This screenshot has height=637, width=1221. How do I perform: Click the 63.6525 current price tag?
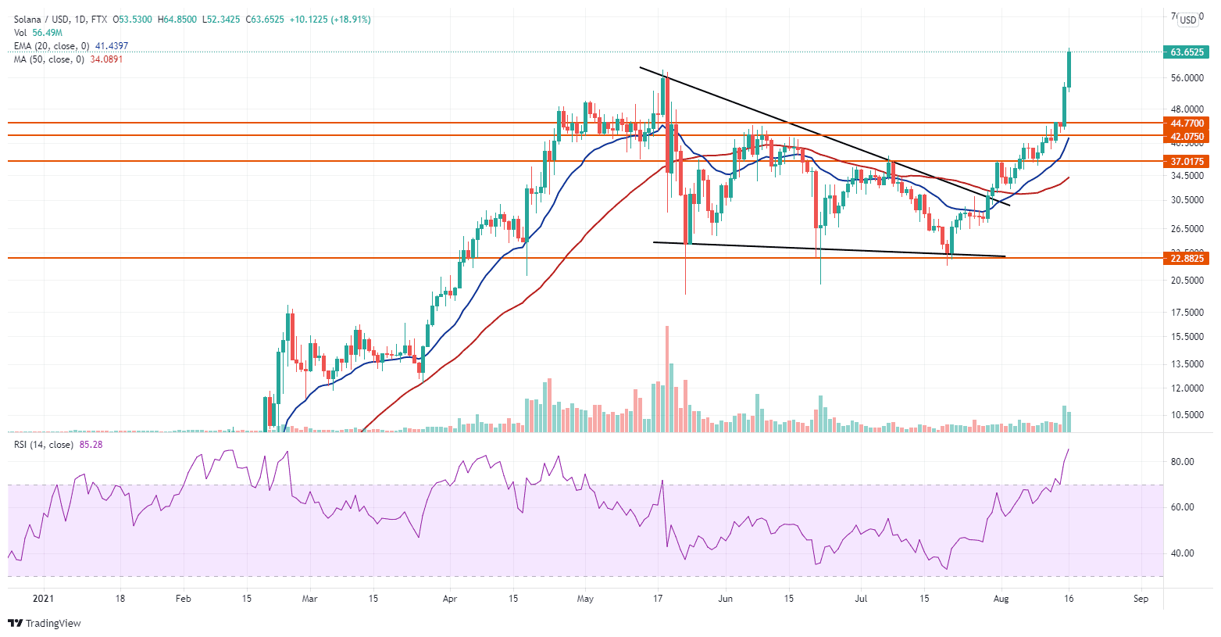[x=1187, y=52]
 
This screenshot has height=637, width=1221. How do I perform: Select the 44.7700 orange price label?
[x=1187, y=123]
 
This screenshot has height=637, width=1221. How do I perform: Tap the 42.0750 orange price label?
[x=1187, y=136]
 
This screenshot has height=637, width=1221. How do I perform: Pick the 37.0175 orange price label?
[x=1187, y=162]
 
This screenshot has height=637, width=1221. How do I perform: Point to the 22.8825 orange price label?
[x=1187, y=258]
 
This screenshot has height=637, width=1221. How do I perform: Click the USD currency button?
[x=1188, y=20]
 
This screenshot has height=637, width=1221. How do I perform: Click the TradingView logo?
[x=45, y=623]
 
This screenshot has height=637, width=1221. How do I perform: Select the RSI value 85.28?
[x=91, y=445]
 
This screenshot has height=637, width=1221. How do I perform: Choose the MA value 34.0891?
[x=107, y=59]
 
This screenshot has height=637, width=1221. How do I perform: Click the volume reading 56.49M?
[x=48, y=33]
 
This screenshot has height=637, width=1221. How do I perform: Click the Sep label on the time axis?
[x=1141, y=599]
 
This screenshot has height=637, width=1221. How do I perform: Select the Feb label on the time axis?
[x=183, y=599]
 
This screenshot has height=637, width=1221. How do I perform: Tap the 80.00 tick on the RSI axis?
[x=1182, y=462]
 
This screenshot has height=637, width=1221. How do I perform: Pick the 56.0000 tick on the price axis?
[x=1187, y=78]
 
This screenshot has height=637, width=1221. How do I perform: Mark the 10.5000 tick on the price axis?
[x=1187, y=415]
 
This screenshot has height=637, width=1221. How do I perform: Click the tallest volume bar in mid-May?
[x=667, y=379]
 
